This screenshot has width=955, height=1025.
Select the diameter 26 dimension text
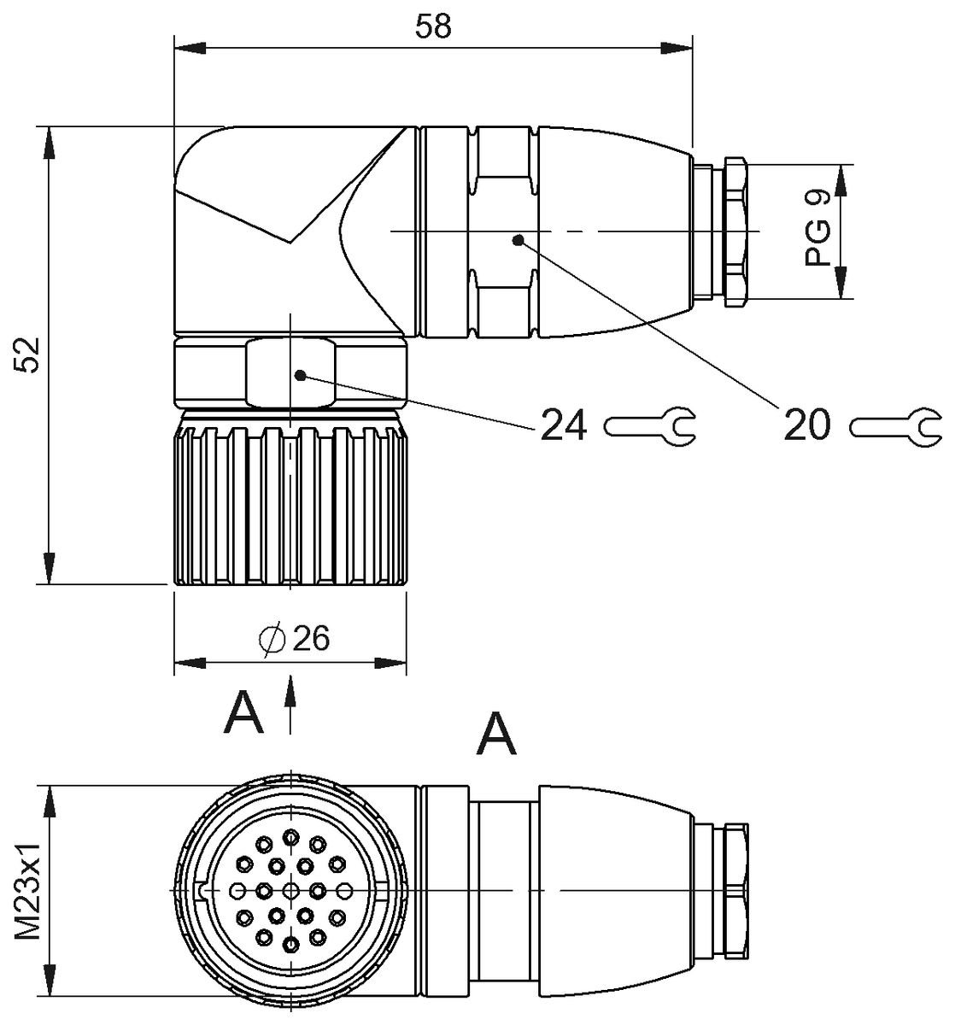(x=295, y=637)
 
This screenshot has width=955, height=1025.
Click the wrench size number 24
(x=563, y=425)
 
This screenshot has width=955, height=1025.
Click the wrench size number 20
(x=807, y=425)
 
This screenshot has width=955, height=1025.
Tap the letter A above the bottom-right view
(x=497, y=733)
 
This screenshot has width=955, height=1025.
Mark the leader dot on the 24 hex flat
(x=300, y=374)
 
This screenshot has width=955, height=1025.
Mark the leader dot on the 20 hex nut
(x=517, y=241)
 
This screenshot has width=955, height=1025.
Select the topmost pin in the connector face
(x=292, y=836)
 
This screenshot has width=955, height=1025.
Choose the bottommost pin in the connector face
(x=292, y=945)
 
